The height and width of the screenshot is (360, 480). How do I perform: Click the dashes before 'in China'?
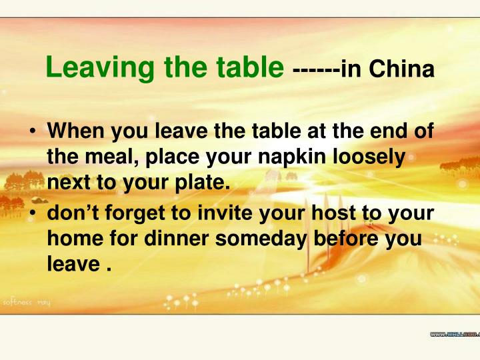coord(315,69)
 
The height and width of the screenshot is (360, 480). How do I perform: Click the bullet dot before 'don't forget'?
coord(32,215)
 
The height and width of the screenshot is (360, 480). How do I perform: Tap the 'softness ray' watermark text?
coord(27,303)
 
